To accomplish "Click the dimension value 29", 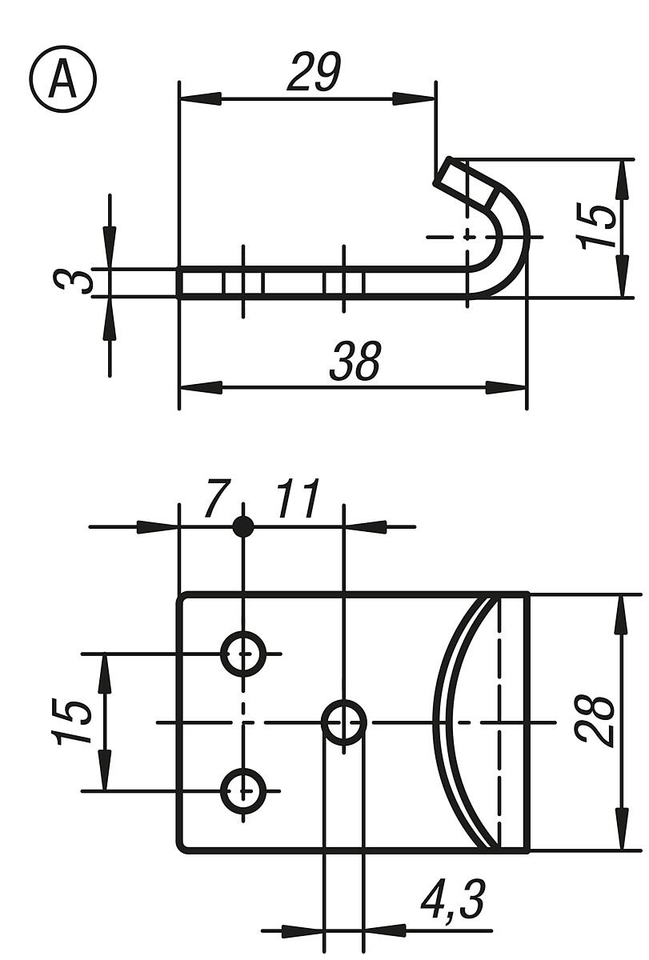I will coord(314,73).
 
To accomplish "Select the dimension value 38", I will coord(355,362).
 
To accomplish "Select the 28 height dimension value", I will coord(597,722).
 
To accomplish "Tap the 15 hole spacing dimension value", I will coord(73,722).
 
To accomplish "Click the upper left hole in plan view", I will coord(243,654).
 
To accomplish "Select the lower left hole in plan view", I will coord(243,791).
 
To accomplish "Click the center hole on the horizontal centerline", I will coord(344,722).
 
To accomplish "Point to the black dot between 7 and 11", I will coord(243,527).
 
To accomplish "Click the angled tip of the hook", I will coord(448,171).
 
